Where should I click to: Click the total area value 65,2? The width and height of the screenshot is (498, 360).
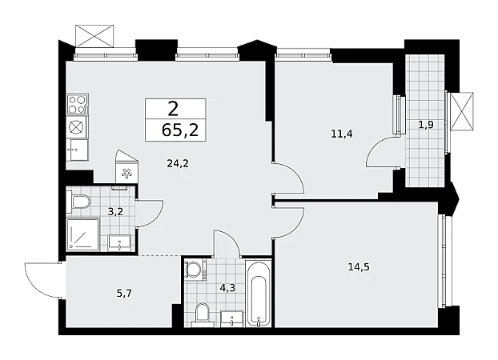pyautogui.click(x=180, y=130)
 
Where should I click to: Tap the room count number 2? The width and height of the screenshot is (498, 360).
pyautogui.click(x=174, y=110)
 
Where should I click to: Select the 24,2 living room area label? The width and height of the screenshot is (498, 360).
pyautogui.click(x=178, y=163)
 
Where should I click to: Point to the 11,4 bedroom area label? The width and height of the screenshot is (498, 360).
pyautogui.click(x=342, y=134)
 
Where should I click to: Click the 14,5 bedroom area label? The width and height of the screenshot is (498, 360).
pyautogui.click(x=359, y=267)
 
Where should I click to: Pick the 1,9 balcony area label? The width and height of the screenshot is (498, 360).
pyautogui.click(x=426, y=125)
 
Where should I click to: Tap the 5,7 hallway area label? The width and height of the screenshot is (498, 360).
pyautogui.click(x=124, y=294)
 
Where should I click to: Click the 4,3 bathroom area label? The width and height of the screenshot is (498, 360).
pyautogui.click(x=227, y=288)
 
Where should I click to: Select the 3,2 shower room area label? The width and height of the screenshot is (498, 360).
pyautogui.click(x=115, y=211)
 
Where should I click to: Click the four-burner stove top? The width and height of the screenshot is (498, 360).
pyautogui.click(x=77, y=104)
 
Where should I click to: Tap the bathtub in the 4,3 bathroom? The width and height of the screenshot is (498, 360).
pyautogui.click(x=259, y=294)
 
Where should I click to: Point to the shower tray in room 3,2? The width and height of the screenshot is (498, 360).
pyautogui.click(x=82, y=234)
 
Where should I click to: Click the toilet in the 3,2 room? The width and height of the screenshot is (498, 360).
pyautogui.click(x=79, y=202)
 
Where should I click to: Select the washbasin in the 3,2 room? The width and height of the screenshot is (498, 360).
pyautogui.click(x=119, y=243)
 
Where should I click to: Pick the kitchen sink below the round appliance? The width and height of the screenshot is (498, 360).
pyautogui.click(x=78, y=150)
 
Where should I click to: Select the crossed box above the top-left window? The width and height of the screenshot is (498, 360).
pyautogui.click(x=94, y=36)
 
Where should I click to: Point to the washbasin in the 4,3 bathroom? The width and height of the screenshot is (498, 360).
pyautogui.click(x=232, y=318)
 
